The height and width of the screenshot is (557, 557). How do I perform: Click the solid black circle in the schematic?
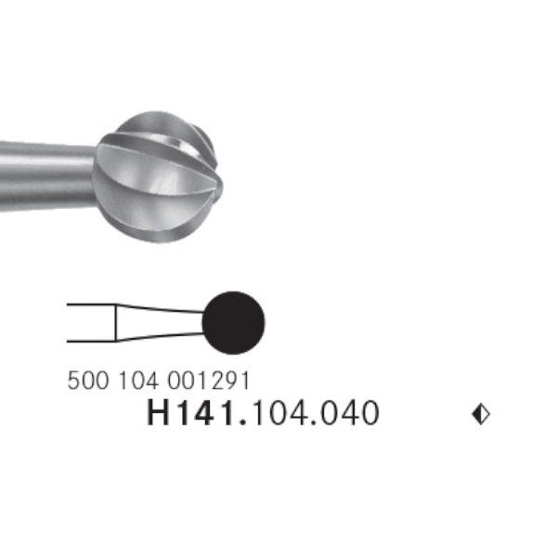coord(233,322)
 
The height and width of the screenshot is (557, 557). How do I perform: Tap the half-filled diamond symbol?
coord(481,414)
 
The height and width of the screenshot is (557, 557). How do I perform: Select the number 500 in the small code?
coord(88,381)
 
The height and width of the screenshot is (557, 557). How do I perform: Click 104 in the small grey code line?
coord(138,381)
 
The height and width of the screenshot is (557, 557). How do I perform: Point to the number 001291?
coord(209,381)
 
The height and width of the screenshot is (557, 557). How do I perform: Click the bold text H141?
coord(191,413)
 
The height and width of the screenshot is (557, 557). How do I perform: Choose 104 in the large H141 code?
coord(281,413)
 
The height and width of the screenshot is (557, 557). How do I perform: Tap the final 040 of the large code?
coord(350,413)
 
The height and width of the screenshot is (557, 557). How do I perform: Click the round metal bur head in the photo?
coord(158,176)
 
